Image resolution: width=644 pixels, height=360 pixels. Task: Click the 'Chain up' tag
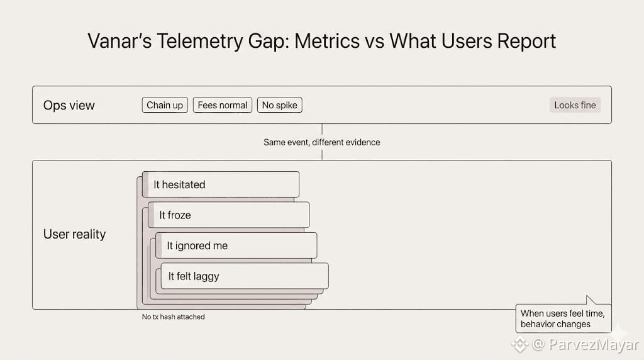click(x=165, y=105)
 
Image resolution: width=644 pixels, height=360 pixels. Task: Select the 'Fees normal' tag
click(x=222, y=105)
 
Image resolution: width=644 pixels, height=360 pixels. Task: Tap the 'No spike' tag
click(x=280, y=105)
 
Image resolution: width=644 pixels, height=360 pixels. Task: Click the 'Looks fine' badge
click(x=575, y=105)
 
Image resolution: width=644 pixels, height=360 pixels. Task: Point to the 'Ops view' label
click(x=69, y=105)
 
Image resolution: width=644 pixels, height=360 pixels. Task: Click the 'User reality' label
click(x=74, y=234)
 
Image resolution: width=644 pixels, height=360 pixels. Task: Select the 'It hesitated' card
click(x=221, y=184)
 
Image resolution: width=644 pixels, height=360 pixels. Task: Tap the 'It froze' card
click(x=228, y=215)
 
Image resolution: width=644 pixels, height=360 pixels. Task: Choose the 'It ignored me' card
click(x=236, y=245)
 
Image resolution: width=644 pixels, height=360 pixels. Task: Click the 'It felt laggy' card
click(x=245, y=276)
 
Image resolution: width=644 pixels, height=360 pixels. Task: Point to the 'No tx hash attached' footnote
click(x=174, y=317)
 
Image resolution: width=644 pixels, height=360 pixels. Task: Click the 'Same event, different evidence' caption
click(x=321, y=142)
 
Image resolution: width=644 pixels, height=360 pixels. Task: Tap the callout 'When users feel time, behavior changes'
click(x=563, y=318)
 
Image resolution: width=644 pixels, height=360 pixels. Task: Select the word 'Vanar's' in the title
click(x=119, y=41)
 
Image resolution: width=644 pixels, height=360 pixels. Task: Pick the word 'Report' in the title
click(x=526, y=42)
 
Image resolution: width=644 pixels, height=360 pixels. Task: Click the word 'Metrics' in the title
click(x=327, y=41)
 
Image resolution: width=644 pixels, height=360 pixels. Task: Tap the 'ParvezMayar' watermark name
click(x=594, y=344)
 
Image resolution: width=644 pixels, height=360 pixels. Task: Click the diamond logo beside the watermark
click(x=519, y=344)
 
